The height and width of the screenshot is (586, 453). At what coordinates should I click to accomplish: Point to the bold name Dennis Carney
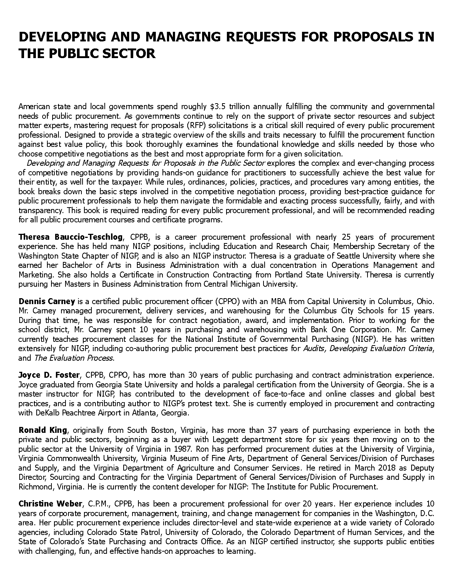click(x=47, y=301)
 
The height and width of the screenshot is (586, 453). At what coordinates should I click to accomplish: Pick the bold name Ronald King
click(x=43, y=430)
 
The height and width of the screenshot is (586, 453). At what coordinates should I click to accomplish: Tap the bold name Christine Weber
click(x=50, y=504)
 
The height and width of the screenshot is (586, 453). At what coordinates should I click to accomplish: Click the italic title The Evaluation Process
click(x=73, y=358)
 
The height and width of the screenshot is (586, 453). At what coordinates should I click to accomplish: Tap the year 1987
click(x=180, y=449)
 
